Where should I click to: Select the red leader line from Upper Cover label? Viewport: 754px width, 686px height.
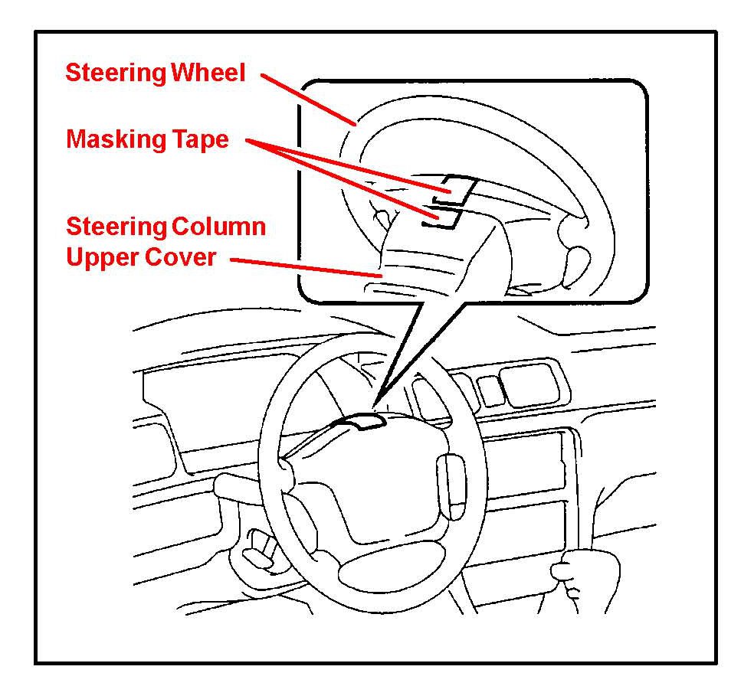307,267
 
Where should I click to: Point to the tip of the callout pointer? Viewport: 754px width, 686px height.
375,407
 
